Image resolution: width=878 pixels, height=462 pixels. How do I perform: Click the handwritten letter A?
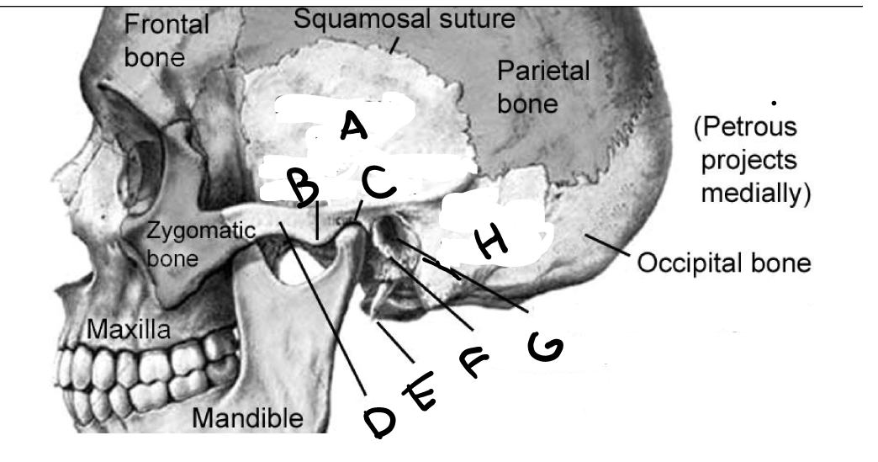[x=353, y=127]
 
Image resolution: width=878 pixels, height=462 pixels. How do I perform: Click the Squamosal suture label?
[x=404, y=19]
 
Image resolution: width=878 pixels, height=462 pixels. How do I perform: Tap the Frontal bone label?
[x=167, y=41]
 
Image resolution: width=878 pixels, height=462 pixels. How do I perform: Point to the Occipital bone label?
[x=726, y=264]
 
